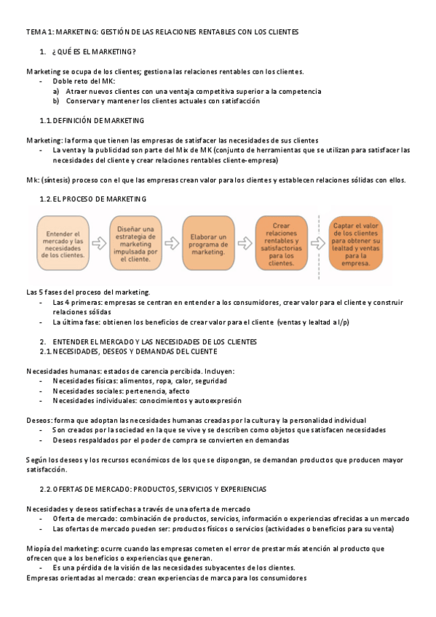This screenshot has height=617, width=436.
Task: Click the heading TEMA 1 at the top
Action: (162, 32)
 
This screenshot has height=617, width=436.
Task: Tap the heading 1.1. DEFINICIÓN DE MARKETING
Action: (92, 120)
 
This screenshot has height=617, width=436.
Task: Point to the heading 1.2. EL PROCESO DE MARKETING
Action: (92, 199)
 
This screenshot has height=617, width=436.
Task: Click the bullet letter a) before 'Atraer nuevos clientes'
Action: (56, 92)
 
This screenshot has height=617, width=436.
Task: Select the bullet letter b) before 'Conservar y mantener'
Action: (56, 101)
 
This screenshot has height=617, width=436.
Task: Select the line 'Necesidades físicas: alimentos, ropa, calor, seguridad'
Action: (139, 381)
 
